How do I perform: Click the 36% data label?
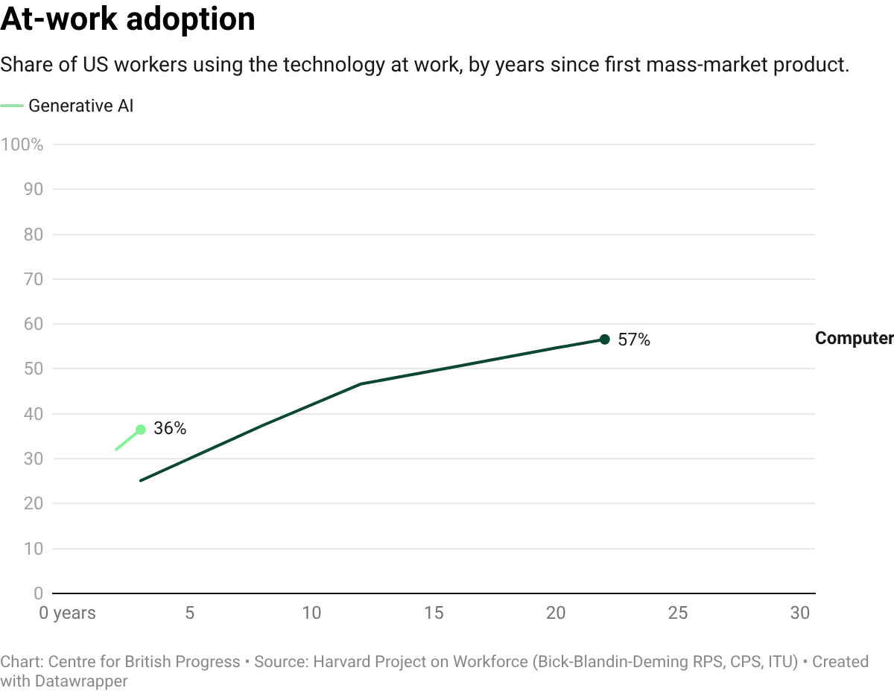point(170,428)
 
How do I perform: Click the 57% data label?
point(634,340)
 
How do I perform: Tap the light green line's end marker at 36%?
point(142,427)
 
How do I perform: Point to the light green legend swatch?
point(11,106)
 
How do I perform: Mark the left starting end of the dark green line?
point(139,480)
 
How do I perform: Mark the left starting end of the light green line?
point(116,449)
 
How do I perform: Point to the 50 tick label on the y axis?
point(34,369)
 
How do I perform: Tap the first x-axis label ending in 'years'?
point(66,613)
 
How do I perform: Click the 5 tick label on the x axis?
point(190,613)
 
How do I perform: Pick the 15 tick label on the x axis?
point(434,613)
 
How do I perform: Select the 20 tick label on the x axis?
point(555,613)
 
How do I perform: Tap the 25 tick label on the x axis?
point(679,613)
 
